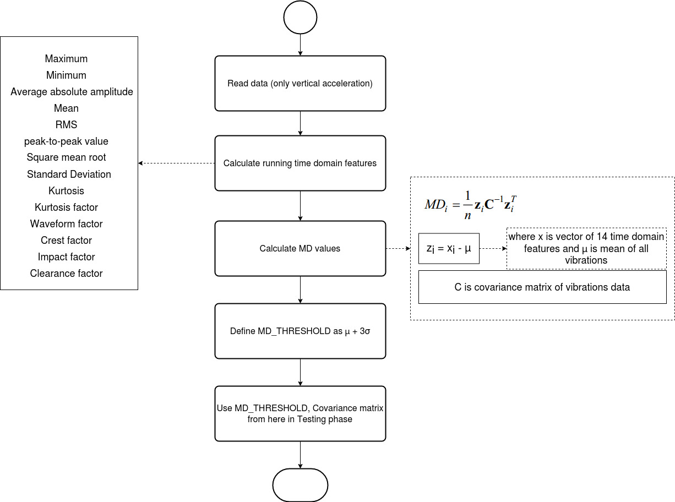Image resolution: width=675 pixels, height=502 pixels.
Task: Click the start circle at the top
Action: (300, 18)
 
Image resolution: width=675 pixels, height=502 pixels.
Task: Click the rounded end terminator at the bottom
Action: (300, 485)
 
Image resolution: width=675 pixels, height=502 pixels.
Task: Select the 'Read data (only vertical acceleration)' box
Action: (300, 84)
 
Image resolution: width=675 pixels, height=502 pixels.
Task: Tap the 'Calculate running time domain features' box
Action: (300, 163)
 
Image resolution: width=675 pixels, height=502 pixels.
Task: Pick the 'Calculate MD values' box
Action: (300, 249)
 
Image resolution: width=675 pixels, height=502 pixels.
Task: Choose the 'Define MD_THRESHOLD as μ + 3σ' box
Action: (300, 331)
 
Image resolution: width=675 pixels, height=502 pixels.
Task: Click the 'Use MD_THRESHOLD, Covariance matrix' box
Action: (300, 414)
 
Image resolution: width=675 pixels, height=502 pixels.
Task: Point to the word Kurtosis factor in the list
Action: (66, 208)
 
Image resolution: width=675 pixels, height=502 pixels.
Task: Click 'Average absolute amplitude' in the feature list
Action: (72, 92)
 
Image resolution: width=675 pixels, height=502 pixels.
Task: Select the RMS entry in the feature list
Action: (66, 125)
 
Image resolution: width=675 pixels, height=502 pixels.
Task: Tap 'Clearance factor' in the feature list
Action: (66, 274)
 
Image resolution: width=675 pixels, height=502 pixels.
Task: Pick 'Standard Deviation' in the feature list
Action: (69, 174)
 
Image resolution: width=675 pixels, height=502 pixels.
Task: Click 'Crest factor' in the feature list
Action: (66, 241)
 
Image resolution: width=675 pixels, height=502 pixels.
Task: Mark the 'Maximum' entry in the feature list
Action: (66, 59)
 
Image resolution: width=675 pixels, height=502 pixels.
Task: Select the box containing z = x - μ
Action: (449, 249)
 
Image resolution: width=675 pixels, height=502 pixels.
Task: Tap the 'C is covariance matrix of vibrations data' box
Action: (542, 287)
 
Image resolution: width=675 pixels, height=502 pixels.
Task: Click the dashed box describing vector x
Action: (586, 248)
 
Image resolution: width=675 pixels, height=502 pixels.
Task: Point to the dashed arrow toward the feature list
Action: (176, 163)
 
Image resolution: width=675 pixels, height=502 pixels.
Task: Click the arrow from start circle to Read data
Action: (300, 45)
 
